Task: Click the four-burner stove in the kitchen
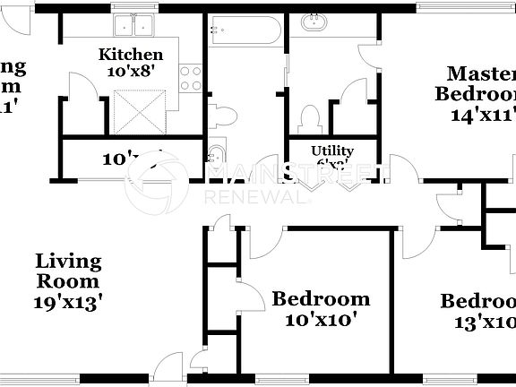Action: (x=191, y=79)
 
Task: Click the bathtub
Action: (x=245, y=32)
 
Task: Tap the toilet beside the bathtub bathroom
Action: (x=225, y=115)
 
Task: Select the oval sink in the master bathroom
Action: (x=315, y=24)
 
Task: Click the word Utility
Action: (x=331, y=150)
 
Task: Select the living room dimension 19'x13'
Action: (x=68, y=302)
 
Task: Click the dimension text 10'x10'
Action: (x=320, y=319)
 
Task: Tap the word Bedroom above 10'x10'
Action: (x=321, y=299)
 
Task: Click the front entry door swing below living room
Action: (x=165, y=369)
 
